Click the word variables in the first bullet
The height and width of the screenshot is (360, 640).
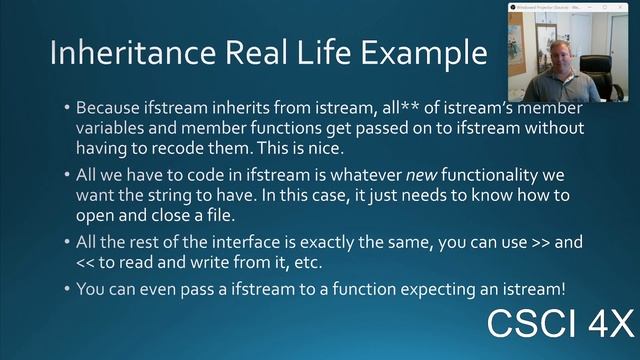tap(113, 128)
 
